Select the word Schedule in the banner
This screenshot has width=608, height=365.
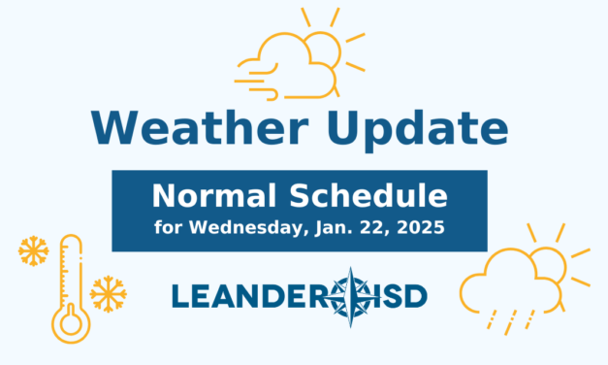pos(372,197)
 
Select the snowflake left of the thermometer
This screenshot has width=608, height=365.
pos(34,252)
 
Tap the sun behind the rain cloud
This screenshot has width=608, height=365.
pos(554,258)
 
